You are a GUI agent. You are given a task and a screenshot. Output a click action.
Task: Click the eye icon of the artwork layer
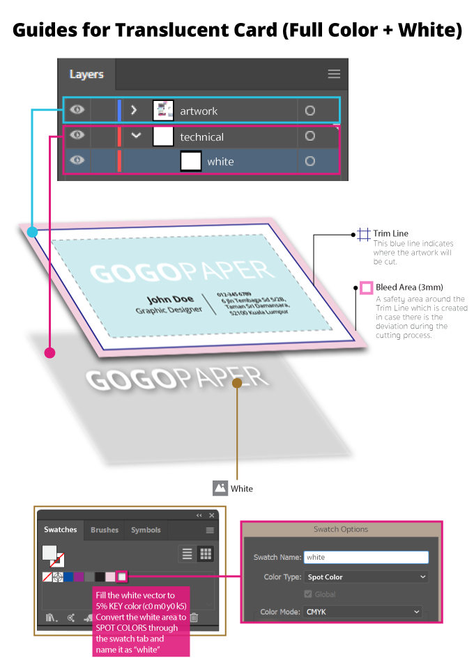tap(77, 110)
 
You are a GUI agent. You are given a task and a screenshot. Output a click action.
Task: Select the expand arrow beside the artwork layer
tap(135, 110)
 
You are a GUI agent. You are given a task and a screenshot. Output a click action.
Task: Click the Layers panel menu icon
tap(334, 74)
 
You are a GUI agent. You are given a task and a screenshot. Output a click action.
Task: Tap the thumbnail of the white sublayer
tap(191, 161)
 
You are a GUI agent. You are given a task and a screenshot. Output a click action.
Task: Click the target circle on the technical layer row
tap(310, 136)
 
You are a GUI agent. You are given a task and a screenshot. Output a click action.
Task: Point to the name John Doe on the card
tap(171, 299)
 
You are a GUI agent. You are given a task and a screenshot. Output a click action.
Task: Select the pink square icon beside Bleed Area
tap(365, 288)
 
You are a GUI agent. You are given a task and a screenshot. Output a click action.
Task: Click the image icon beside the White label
tap(220, 488)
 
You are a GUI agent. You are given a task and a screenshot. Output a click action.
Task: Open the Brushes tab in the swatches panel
tap(105, 530)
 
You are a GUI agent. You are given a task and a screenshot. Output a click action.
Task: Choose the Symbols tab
tap(146, 530)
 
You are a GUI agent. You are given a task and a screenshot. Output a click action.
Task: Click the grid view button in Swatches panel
tap(206, 554)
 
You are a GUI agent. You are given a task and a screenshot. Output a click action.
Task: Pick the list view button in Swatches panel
tap(187, 554)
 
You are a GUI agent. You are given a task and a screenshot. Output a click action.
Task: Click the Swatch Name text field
tap(366, 557)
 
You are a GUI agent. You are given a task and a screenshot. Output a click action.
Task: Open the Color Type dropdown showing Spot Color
tap(366, 577)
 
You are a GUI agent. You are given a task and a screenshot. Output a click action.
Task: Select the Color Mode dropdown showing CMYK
tap(362, 611)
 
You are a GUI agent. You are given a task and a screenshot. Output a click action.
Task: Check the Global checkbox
tap(308, 594)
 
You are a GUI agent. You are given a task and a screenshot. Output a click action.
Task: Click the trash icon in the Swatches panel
tap(194, 618)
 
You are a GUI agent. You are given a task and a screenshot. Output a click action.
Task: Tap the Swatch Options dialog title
tap(341, 529)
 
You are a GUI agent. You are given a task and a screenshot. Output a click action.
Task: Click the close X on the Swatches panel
tap(211, 515)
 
